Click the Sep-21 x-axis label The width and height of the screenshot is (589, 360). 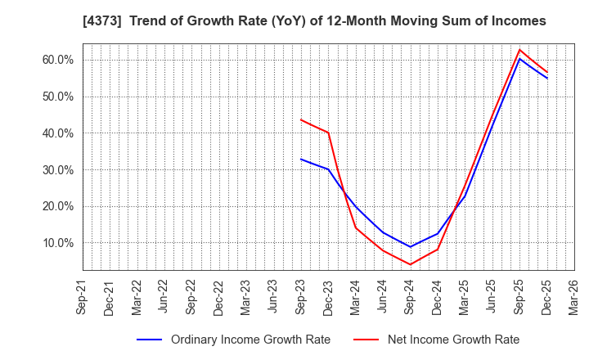coord(82,296)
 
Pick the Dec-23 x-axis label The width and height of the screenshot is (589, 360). coord(328,296)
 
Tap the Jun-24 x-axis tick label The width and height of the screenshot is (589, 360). coord(383,296)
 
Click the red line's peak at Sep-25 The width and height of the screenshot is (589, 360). coord(519,50)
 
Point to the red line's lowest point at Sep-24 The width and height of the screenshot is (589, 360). coord(410,264)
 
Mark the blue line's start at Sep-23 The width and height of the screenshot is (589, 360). coord(301,159)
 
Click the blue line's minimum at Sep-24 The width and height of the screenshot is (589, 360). coord(410,247)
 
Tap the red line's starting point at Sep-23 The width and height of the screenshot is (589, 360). coord(301,119)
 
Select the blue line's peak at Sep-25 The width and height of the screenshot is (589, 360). coord(519,58)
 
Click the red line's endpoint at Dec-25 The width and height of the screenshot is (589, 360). coord(546,72)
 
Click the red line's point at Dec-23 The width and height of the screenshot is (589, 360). coord(328,133)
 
